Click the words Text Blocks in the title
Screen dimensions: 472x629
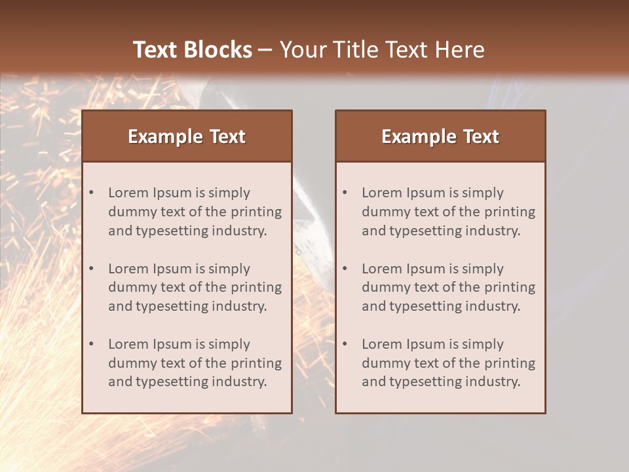tap(192, 50)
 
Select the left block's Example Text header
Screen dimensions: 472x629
tap(187, 136)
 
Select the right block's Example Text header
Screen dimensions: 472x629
tap(440, 136)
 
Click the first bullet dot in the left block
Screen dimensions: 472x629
tap(92, 193)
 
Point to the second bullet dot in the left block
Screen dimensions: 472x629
tap(92, 269)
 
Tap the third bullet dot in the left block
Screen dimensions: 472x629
tap(92, 344)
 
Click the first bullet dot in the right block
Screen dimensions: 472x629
tap(345, 193)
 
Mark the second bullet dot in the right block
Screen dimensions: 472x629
tap(345, 269)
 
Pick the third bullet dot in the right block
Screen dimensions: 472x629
tap(345, 344)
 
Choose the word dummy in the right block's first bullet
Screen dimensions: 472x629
tap(383, 212)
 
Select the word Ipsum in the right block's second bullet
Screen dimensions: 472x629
tap(427, 269)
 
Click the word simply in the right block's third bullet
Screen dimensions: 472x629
tap(482, 344)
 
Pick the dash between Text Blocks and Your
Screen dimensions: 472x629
tap(265, 50)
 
